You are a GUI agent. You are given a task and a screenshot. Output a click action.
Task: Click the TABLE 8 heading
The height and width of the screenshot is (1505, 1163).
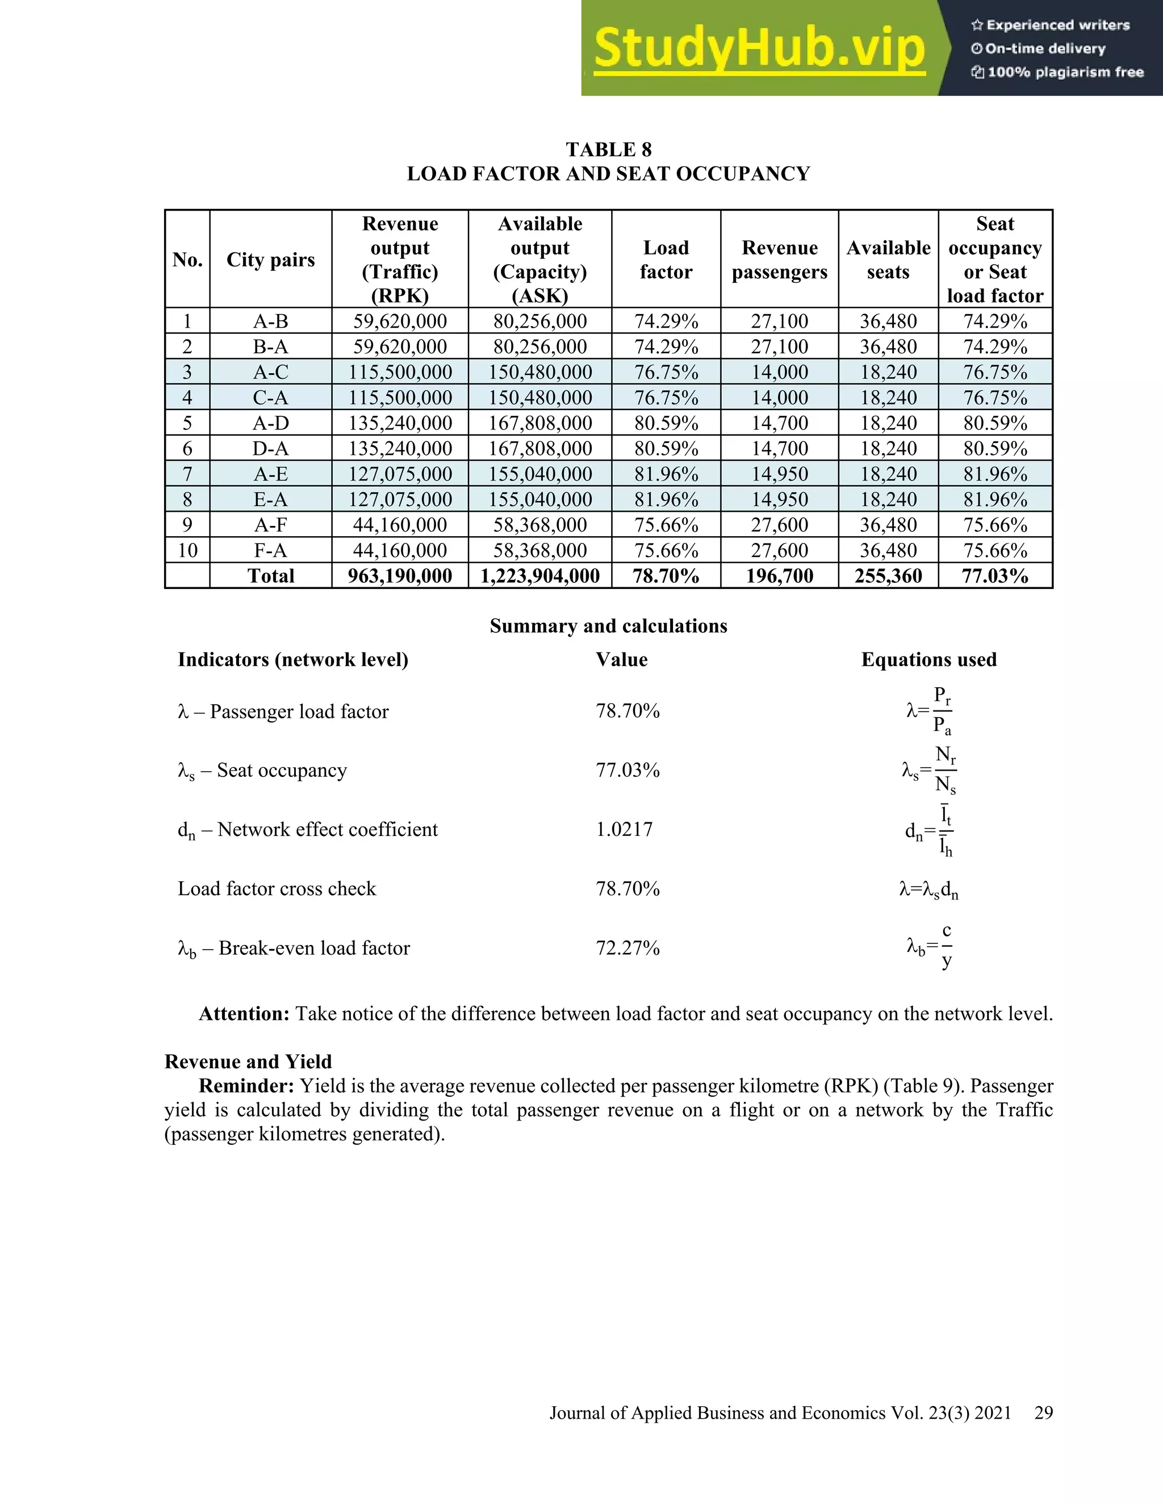608,149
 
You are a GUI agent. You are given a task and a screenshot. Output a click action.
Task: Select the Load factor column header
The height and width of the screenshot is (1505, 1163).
666,260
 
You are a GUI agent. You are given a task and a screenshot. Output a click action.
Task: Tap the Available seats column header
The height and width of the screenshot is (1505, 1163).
888,260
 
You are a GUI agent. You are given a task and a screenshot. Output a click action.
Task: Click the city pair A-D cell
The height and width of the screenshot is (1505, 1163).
270,423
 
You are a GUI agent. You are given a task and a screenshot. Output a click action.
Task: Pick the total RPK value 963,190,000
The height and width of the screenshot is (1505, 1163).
400,576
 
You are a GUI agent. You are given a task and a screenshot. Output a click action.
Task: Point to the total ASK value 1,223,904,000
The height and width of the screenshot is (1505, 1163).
539,576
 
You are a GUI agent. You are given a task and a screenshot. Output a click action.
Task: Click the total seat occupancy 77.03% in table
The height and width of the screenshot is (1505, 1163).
995,576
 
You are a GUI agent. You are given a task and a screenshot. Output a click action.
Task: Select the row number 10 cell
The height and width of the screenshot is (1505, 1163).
187,550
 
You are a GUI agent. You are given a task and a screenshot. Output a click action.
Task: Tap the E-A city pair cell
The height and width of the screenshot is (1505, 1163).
270,500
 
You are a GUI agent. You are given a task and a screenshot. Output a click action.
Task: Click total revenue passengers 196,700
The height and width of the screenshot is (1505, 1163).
779,576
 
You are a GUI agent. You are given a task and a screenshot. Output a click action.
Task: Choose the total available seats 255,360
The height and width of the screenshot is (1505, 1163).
888,576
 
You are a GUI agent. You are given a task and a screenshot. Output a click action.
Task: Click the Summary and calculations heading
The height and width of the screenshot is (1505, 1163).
608,626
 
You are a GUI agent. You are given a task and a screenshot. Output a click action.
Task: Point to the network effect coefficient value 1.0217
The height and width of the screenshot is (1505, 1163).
624,829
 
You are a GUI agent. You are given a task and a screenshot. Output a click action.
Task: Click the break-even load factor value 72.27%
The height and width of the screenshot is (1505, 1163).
627,948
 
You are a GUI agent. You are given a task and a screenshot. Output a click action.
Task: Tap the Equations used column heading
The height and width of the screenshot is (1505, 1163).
928,659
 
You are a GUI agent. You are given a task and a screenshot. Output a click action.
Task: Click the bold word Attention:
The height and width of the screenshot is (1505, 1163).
244,1014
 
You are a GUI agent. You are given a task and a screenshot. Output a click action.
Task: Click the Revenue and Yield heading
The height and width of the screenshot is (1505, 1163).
248,1061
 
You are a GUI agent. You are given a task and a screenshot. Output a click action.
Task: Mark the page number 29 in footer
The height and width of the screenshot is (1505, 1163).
1043,1412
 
